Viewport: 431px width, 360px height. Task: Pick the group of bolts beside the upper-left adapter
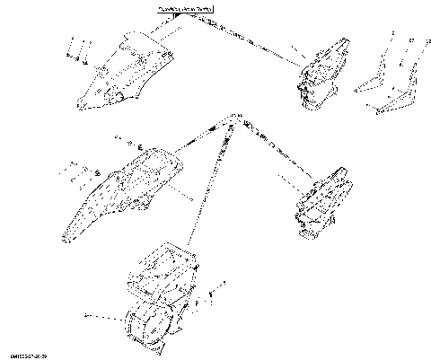click(x=75, y=52)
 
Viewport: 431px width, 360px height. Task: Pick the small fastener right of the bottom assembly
click(x=212, y=293)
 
